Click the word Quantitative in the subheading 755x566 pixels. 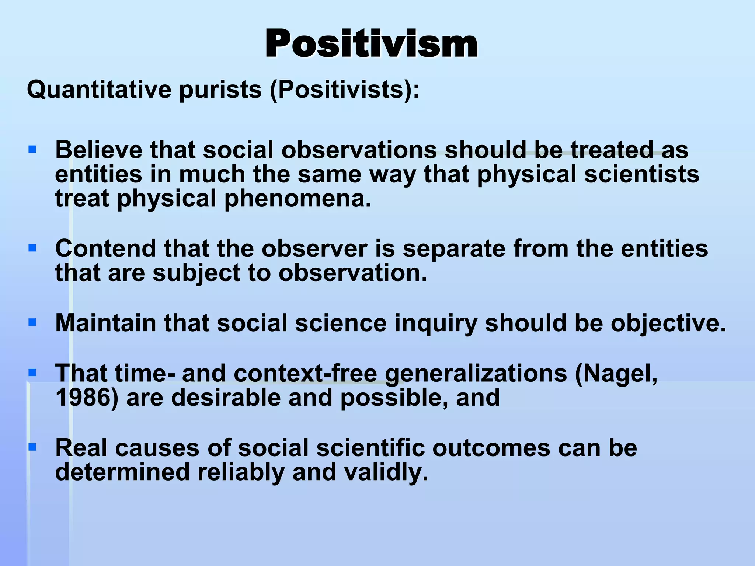99,90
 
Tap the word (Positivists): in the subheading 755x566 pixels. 345,90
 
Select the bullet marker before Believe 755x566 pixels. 32,149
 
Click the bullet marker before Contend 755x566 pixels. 32,248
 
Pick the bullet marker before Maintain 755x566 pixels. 32,322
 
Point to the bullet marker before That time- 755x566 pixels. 32,373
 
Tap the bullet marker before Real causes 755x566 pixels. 32,447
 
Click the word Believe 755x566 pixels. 98,150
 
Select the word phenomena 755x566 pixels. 298,199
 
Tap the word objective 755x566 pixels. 668,324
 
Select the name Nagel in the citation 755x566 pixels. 619,374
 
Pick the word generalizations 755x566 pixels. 476,374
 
